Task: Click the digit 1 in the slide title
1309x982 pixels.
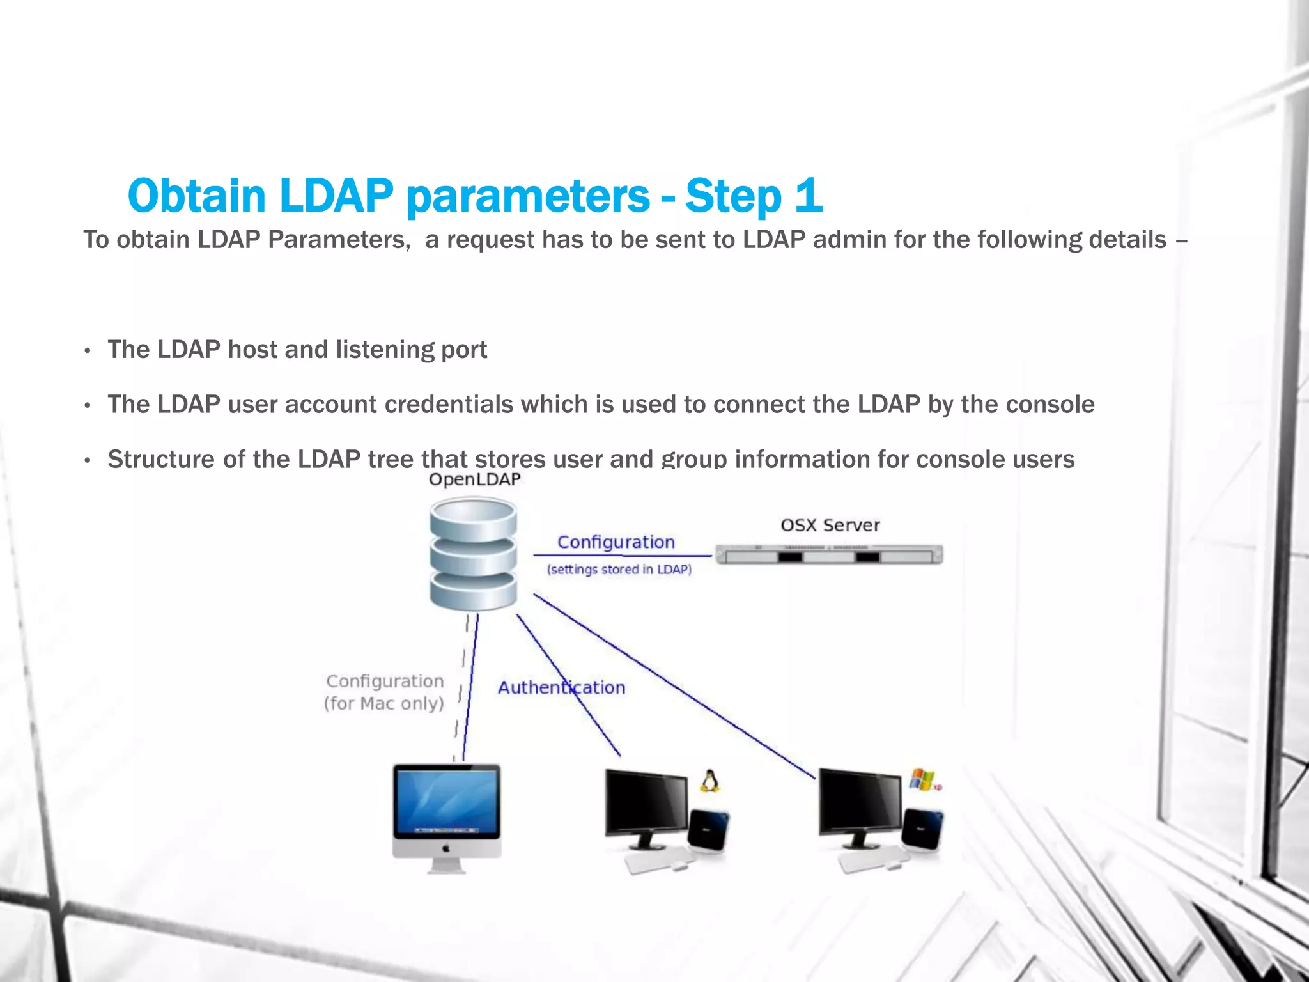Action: pyautogui.click(x=809, y=196)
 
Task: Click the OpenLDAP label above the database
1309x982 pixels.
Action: pyautogui.click(x=474, y=479)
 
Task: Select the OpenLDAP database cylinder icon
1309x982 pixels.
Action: pyautogui.click(x=473, y=554)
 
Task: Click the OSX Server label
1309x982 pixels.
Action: pyautogui.click(x=830, y=526)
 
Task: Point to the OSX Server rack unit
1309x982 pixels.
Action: pyautogui.click(x=829, y=555)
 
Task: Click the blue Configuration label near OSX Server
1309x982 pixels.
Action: pyautogui.click(x=616, y=542)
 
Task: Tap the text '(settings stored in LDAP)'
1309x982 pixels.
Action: pyautogui.click(x=619, y=569)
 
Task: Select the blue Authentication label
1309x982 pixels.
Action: pyautogui.click(x=561, y=688)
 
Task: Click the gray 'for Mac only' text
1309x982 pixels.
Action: pyautogui.click(x=383, y=703)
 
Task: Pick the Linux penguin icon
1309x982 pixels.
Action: pyautogui.click(x=708, y=781)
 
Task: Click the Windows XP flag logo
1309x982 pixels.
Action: pyautogui.click(x=922, y=779)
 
